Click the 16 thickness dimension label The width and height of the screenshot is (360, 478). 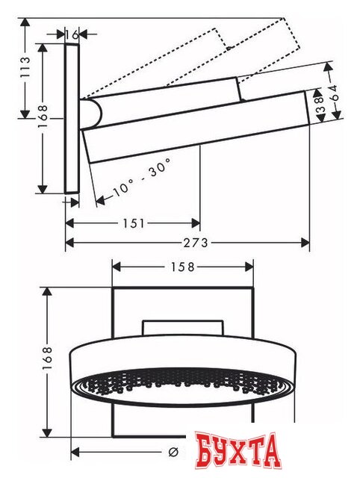pyautogui.click(x=72, y=34)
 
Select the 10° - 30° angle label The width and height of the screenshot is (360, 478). pyautogui.click(x=142, y=179)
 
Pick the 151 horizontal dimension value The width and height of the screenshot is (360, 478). pyautogui.click(x=135, y=223)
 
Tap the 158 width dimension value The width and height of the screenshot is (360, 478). pyautogui.click(x=181, y=267)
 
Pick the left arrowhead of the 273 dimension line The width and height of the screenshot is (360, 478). pyautogui.click(x=69, y=242)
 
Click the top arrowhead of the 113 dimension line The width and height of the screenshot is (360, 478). pyautogui.click(x=26, y=22)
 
